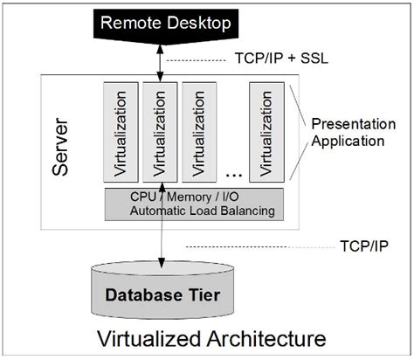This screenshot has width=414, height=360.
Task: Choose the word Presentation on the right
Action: point(347,121)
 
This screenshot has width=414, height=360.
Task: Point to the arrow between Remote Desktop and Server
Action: point(159,61)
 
